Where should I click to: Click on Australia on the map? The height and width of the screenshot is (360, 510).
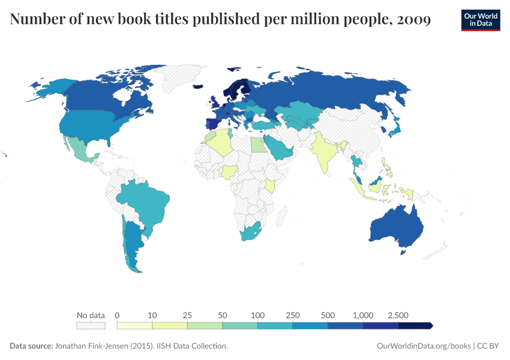point(396,228)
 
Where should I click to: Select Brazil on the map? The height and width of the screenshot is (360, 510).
point(144,201)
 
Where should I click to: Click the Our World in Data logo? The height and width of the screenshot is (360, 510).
point(481,19)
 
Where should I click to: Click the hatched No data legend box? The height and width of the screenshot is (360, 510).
point(91,325)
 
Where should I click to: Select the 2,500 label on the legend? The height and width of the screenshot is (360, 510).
point(398,315)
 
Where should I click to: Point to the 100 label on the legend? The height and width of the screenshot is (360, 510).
point(258,315)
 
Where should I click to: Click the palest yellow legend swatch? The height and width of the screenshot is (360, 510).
point(134,325)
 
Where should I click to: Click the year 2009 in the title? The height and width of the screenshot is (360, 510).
point(414,19)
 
